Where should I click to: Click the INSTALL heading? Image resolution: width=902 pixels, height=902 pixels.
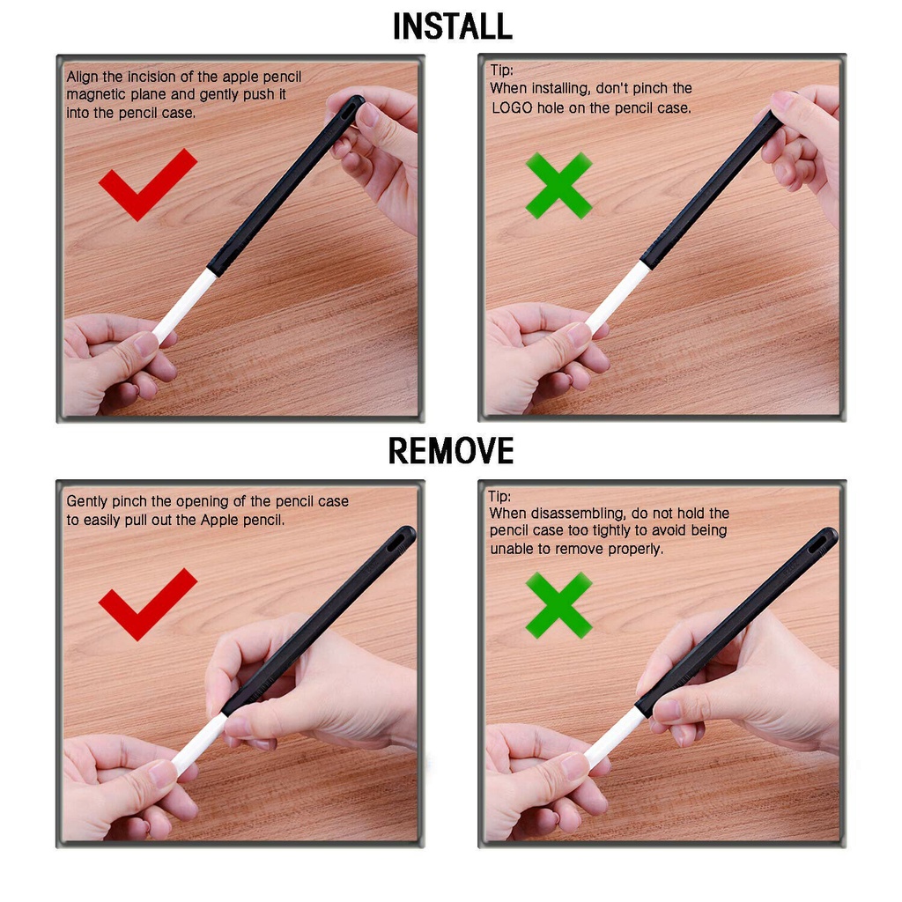452,27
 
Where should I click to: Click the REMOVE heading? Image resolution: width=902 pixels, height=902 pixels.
451,450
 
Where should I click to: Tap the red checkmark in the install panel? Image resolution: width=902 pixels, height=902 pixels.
148,185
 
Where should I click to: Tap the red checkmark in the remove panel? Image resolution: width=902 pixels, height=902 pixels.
148,604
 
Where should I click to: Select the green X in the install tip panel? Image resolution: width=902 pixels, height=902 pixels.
558,185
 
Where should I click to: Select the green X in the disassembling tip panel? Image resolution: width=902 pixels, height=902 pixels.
558,605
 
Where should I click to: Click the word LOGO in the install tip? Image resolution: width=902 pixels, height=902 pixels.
512,108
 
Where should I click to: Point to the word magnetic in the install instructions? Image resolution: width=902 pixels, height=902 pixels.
96,94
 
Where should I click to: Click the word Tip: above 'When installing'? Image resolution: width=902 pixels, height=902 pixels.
501,70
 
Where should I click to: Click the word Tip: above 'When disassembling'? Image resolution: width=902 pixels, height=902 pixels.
499,496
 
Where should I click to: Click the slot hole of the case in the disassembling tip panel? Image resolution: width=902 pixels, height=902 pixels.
820,543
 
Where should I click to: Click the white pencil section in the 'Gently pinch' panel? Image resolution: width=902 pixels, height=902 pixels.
199,743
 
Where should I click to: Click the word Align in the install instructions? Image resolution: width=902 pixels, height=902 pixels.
82,78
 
